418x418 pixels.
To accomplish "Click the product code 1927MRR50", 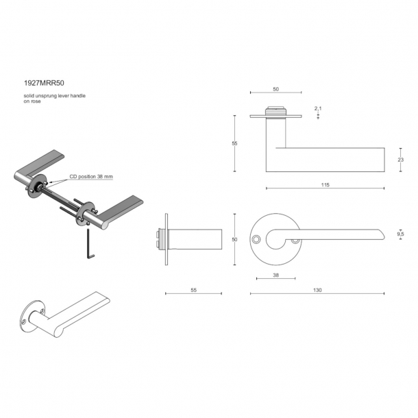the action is point(44,83).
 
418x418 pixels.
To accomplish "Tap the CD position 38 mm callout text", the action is point(91,177).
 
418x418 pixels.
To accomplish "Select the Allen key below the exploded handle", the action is point(90,244).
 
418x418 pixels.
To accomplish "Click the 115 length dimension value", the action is point(325,185).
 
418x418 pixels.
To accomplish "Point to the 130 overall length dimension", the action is point(317,290).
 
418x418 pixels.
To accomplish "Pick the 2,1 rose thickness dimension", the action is point(318,108).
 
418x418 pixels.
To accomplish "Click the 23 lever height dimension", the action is point(401,160).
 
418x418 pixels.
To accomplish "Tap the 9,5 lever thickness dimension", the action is point(400,234).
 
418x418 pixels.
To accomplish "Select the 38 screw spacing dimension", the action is point(276,275).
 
